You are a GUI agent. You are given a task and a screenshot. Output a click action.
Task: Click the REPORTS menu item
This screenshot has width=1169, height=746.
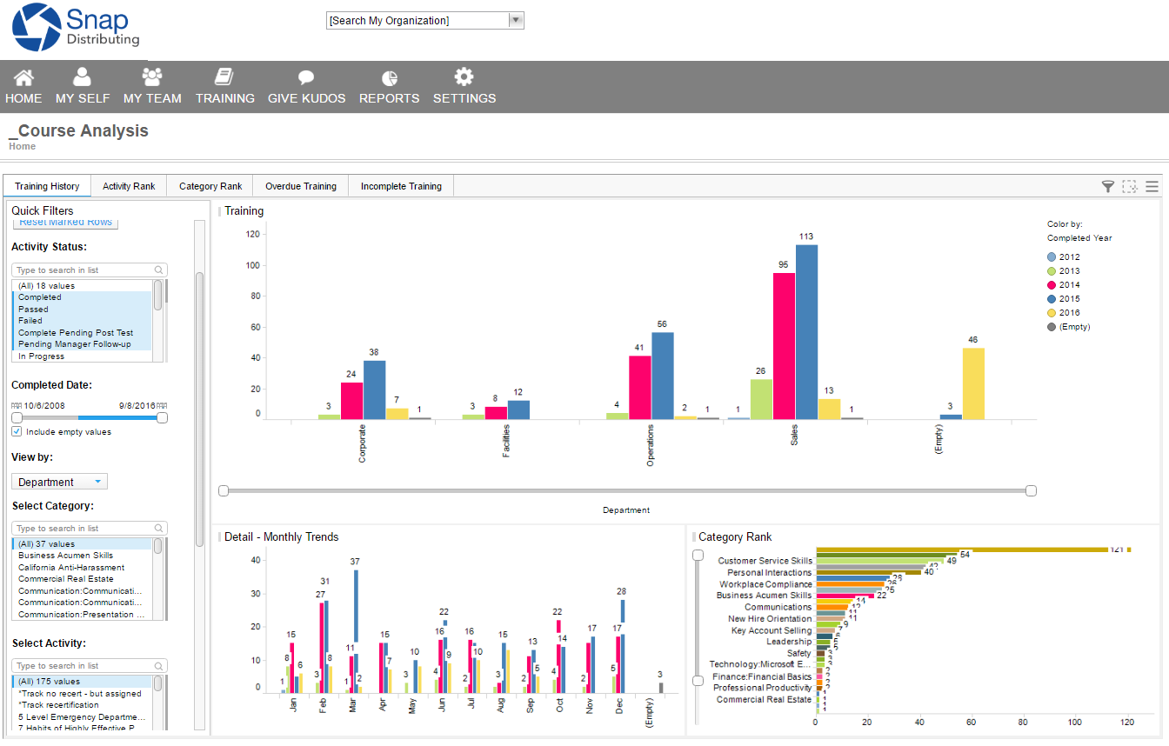(389, 87)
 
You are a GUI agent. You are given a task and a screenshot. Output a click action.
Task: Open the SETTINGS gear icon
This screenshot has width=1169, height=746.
(464, 77)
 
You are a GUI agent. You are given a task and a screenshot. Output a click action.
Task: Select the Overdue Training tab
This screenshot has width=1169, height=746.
(300, 186)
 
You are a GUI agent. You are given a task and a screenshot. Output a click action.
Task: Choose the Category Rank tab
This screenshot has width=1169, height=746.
(210, 186)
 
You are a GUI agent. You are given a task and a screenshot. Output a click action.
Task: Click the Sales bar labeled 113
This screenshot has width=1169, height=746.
(806, 331)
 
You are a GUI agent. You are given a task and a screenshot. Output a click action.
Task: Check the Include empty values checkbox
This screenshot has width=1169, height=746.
(17, 431)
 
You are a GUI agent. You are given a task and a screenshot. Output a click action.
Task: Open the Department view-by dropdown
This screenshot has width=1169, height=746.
(59, 482)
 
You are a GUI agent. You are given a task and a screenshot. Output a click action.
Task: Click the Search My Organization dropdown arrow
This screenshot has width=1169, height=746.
(516, 20)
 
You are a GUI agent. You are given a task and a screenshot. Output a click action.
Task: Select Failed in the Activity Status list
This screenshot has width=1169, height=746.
(30, 321)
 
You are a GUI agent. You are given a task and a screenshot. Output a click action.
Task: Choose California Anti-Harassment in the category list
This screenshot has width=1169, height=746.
(71, 567)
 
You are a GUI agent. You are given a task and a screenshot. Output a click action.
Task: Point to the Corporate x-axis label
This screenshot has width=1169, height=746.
(362, 443)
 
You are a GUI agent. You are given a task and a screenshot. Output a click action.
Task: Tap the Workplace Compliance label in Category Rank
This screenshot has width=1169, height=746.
(765, 584)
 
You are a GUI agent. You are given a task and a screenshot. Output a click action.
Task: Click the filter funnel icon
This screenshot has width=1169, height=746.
(1107, 186)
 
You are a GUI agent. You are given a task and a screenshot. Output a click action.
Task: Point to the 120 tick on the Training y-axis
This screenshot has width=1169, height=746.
(253, 234)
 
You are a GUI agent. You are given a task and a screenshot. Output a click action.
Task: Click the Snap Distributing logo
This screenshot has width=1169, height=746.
(76, 28)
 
